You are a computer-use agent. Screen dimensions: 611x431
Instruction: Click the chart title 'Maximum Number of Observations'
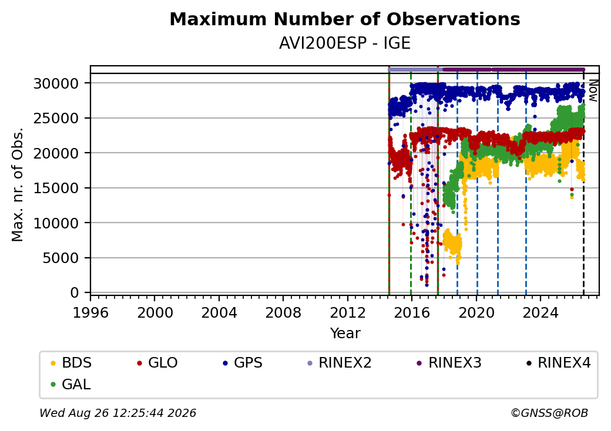pyautogui.click(x=345, y=19)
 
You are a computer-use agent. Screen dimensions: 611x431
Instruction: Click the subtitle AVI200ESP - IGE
pyautogui.click(x=345, y=43)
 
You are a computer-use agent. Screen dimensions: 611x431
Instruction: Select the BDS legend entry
pyautogui.click(x=71, y=363)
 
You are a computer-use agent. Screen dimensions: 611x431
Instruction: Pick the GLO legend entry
pyautogui.click(x=157, y=363)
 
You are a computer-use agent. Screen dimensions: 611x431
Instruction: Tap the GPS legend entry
pyautogui.click(x=243, y=363)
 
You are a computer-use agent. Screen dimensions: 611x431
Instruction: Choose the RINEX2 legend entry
pyautogui.click(x=340, y=363)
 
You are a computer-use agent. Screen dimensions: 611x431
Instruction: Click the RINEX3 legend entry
pyautogui.click(x=449, y=363)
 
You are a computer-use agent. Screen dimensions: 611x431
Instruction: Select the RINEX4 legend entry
pyautogui.click(x=559, y=363)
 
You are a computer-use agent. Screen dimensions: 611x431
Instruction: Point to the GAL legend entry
pyautogui.click(x=71, y=384)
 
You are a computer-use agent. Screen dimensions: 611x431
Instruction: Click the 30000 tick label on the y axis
pyautogui.click(x=56, y=83)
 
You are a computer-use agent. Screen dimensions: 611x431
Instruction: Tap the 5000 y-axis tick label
pyautogui.click(x=61, y=258)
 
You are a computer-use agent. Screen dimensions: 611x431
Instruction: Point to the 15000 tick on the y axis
pyautogui.click(x=56, y=188)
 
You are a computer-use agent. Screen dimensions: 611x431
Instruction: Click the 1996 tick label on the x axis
pyautogui.click(x=90, y=312)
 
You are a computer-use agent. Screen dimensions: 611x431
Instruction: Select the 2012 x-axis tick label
pyautogui.click(x=347, y=312)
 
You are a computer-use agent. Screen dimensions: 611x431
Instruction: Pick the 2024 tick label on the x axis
pyautogui.click(x=540, y=312)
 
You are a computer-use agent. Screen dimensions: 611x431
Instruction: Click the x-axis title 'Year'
pyautogui.click(x=345, y=334)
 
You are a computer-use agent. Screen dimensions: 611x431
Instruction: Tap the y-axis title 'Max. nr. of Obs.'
pyautogui.click(x=18, y=184)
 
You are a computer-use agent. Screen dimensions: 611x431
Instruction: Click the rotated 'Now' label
pyautogui.click(x=593, y=90)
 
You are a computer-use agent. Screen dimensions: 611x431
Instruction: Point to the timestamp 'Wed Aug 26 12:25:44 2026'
pyautogui.click(x=118, y=413)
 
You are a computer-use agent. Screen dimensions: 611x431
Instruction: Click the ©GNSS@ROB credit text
pyautogui.click(x=549, y=413)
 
